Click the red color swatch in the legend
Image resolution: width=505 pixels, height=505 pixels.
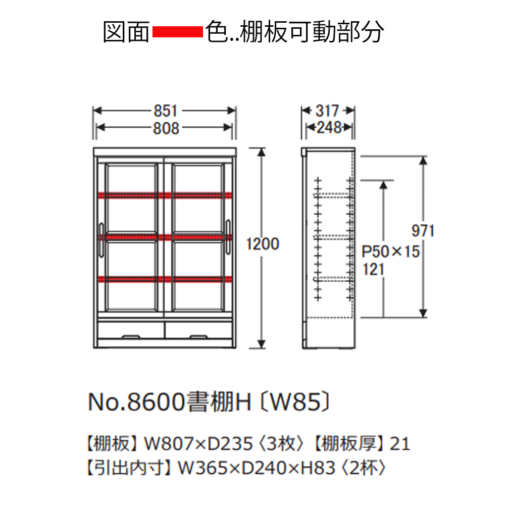click(177, 32)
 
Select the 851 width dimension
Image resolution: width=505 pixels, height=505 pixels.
click(165, 111)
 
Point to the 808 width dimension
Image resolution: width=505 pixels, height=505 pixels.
click(166, 128)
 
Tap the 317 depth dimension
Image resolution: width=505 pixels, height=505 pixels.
click(327, 111)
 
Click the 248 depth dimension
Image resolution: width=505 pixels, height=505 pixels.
click(329, 128)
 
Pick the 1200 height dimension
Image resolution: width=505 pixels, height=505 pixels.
click(263, 244)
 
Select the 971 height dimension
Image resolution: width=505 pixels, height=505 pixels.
click(423, 231)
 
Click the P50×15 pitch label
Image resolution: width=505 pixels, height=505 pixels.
click(391, 251)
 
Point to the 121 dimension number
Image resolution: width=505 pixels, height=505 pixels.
click(373, 269)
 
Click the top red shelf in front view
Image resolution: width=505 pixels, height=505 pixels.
click(165, 195)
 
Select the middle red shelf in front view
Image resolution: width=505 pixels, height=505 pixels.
click(165, 237)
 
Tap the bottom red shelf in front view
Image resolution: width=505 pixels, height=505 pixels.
click(165, 279)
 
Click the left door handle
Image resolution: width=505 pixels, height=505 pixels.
click(101, 240)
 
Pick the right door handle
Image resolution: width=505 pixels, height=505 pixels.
click(228, 237)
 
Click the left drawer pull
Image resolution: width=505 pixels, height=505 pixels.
click(131, 337)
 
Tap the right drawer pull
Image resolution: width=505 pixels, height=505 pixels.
click(198, 337)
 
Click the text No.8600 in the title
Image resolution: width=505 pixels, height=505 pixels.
click(136, 402)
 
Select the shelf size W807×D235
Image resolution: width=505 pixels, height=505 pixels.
click(198, 444)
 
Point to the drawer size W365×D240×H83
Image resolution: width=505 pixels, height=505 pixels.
click(257, 468)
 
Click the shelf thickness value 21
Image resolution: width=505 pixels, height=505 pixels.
click(399, 444)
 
